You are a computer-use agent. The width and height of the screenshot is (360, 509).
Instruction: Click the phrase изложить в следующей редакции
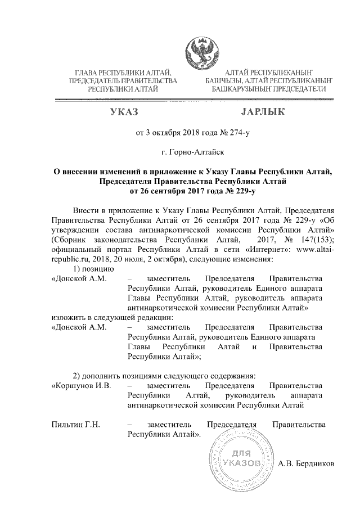point(99,317)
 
